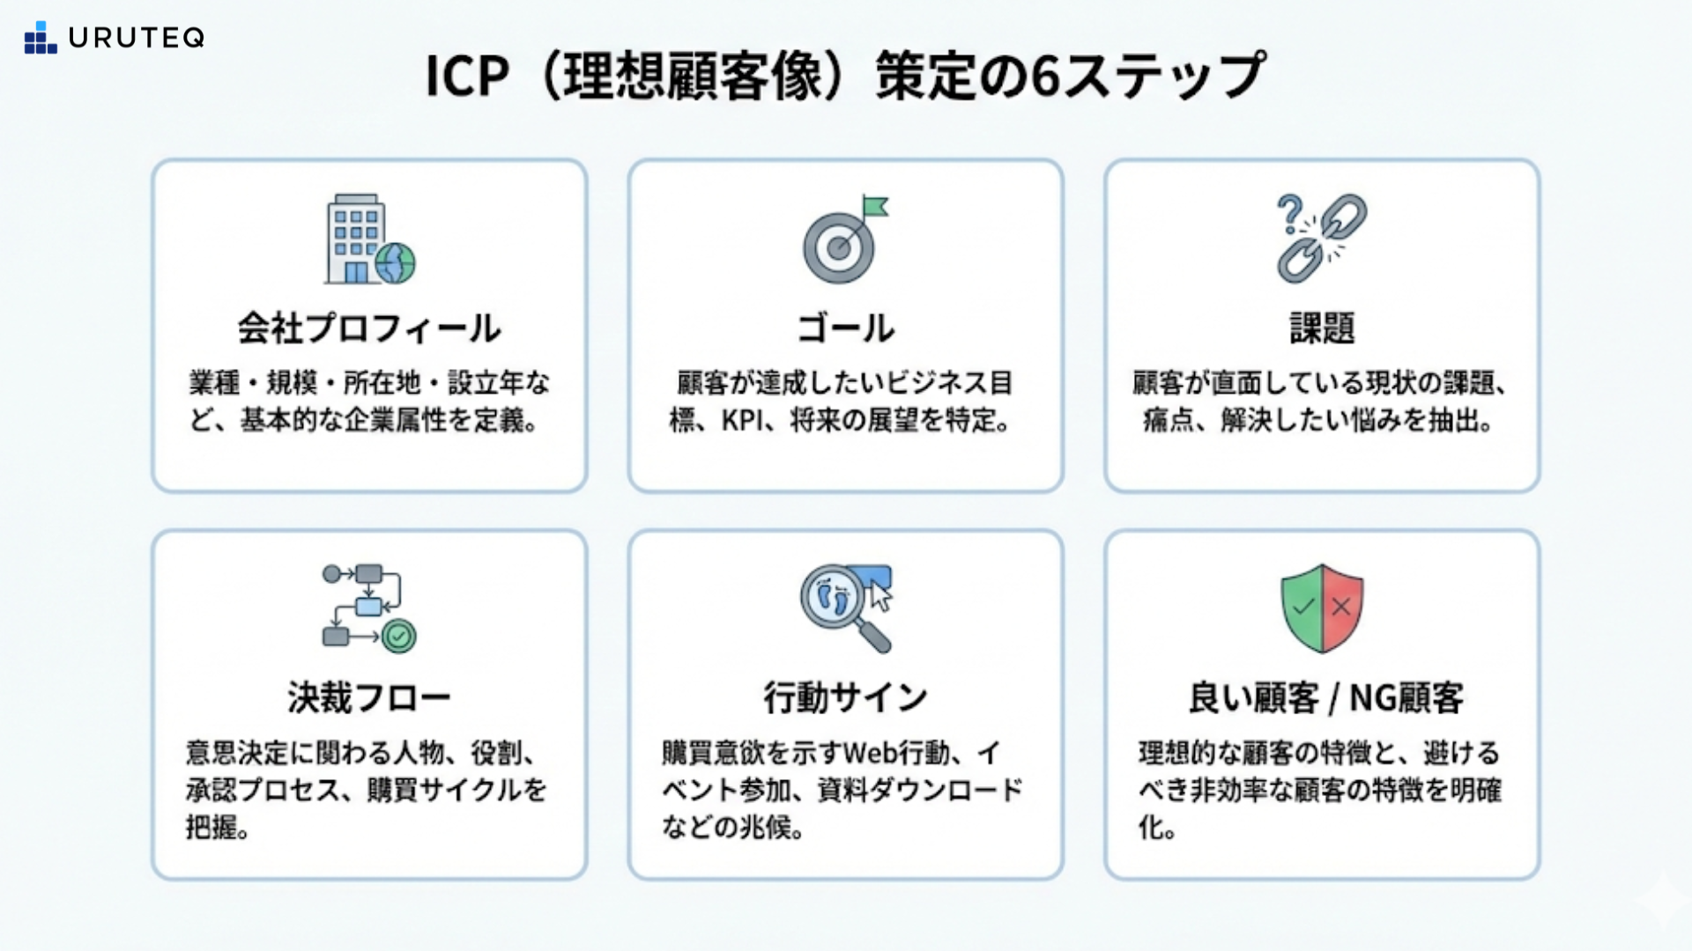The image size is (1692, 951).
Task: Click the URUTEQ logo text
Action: [x=137, y=38]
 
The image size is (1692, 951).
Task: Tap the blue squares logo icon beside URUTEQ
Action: [x=40, y=38]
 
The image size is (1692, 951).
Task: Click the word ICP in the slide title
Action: [x=466, y=77]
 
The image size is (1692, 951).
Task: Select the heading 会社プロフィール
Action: [x=369, y=328]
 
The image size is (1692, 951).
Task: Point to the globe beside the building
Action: [x=395, y=262]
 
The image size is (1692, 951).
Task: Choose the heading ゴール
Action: [x=845, y=328]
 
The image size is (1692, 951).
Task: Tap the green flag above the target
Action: [x=875, y=208]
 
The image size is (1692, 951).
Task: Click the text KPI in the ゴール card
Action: [x=741, y=421]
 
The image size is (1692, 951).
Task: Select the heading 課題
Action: [x=1322, y=328]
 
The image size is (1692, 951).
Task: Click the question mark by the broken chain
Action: [x=1290, y=214]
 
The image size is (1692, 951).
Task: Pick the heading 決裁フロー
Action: [x=369, y=698]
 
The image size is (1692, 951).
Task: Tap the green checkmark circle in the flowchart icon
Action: [x=399, y=636]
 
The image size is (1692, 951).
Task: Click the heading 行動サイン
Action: [x=845, y=698]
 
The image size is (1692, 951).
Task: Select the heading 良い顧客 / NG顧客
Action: [x=1325, y=698]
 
